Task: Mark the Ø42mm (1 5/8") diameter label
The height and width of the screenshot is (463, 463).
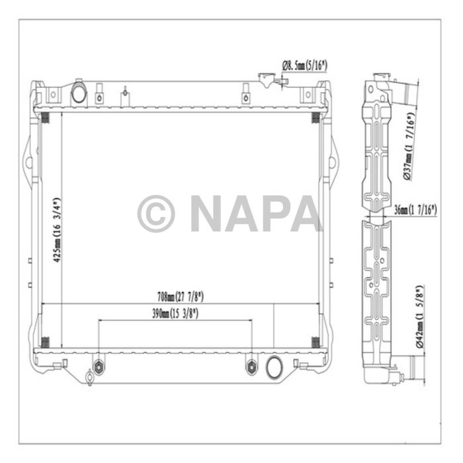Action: click(417, 317)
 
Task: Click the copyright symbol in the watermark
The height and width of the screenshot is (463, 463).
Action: click(156, 214)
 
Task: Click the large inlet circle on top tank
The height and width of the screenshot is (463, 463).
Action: click(79, 93)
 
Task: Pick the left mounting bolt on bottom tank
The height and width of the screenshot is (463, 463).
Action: click(99, 366)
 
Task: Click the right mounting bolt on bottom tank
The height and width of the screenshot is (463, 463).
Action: click(251, 366)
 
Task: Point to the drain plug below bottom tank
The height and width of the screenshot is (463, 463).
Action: click(89, 380)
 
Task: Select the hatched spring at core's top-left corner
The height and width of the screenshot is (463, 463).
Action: click(46, 118)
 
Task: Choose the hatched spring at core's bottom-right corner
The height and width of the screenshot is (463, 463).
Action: click(316, 342)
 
